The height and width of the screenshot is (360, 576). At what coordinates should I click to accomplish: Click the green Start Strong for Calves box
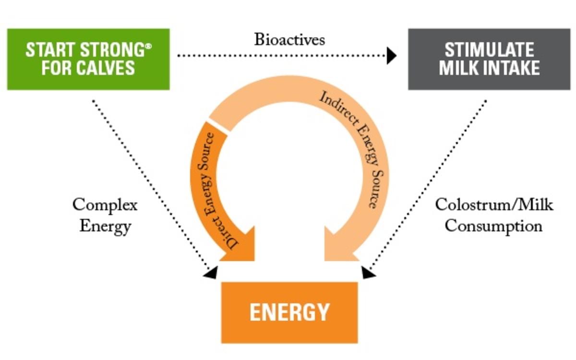(88, 59)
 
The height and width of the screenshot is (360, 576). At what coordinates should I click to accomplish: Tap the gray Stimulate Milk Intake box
(489, 59)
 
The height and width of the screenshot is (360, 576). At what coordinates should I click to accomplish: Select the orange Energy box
(289, 312)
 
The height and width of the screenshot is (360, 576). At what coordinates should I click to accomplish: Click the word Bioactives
(289, 39)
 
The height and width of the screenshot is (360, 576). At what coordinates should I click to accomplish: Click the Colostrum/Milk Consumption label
(494, 216)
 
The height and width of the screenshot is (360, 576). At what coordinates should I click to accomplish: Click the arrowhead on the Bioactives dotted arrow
(392, 56)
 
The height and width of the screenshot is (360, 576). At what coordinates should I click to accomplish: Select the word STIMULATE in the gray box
(489, 50)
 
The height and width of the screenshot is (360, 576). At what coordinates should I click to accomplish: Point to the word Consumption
(494, 226)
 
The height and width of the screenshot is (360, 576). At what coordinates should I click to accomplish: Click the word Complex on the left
(105, 205)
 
